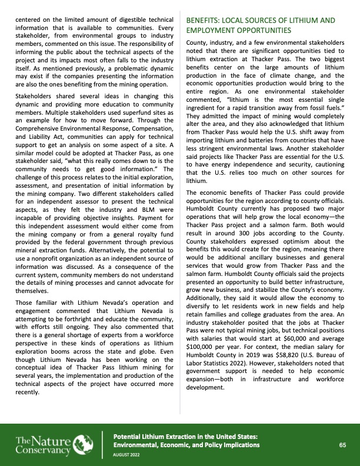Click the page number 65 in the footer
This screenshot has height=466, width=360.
coord(342,445)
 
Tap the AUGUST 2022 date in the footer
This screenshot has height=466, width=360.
coord(126,455)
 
